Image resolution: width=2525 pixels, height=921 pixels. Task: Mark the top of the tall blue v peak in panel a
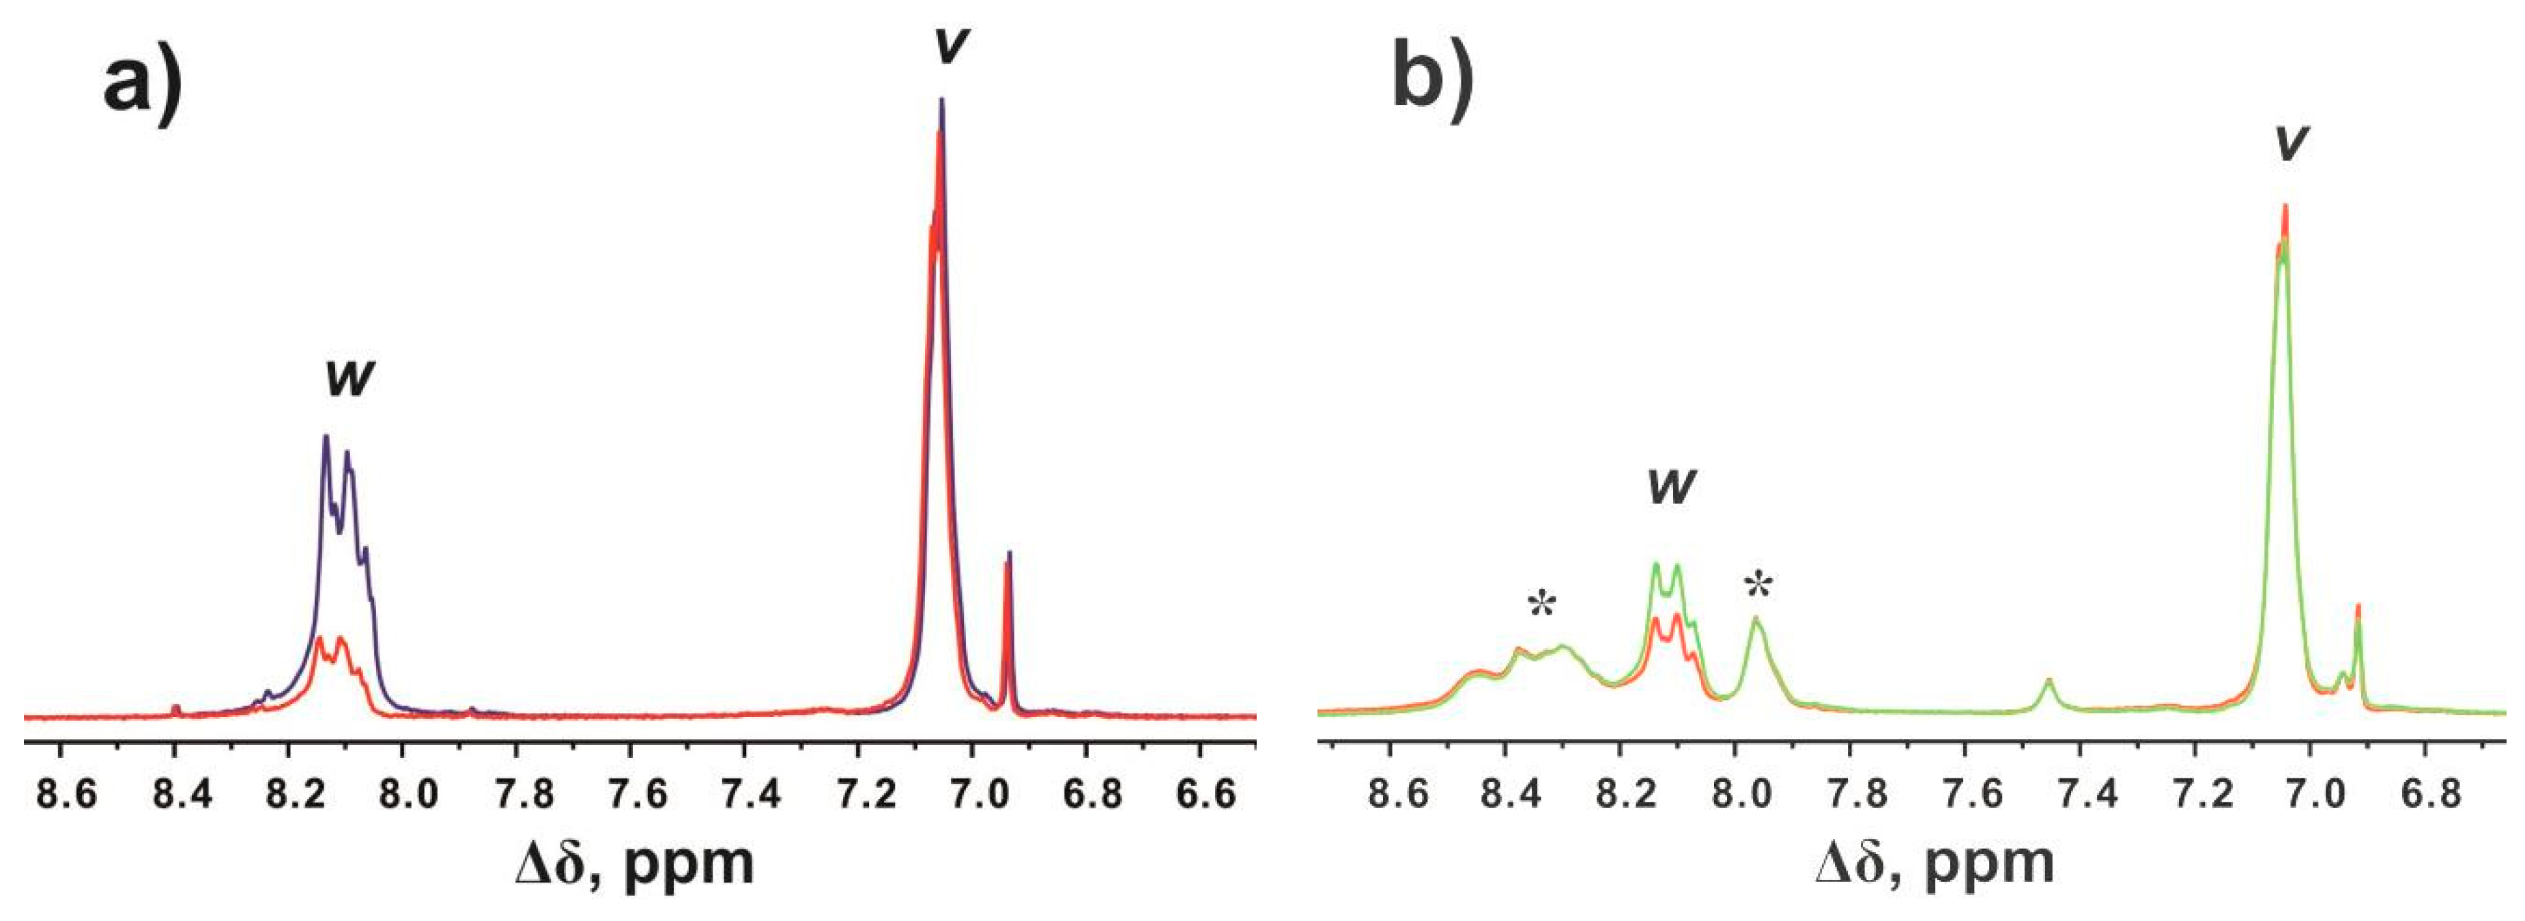coord(942,100)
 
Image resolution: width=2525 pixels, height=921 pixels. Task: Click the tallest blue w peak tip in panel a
coord(326,437)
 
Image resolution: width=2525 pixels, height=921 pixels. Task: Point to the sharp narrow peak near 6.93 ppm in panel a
coord(1009,555)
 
